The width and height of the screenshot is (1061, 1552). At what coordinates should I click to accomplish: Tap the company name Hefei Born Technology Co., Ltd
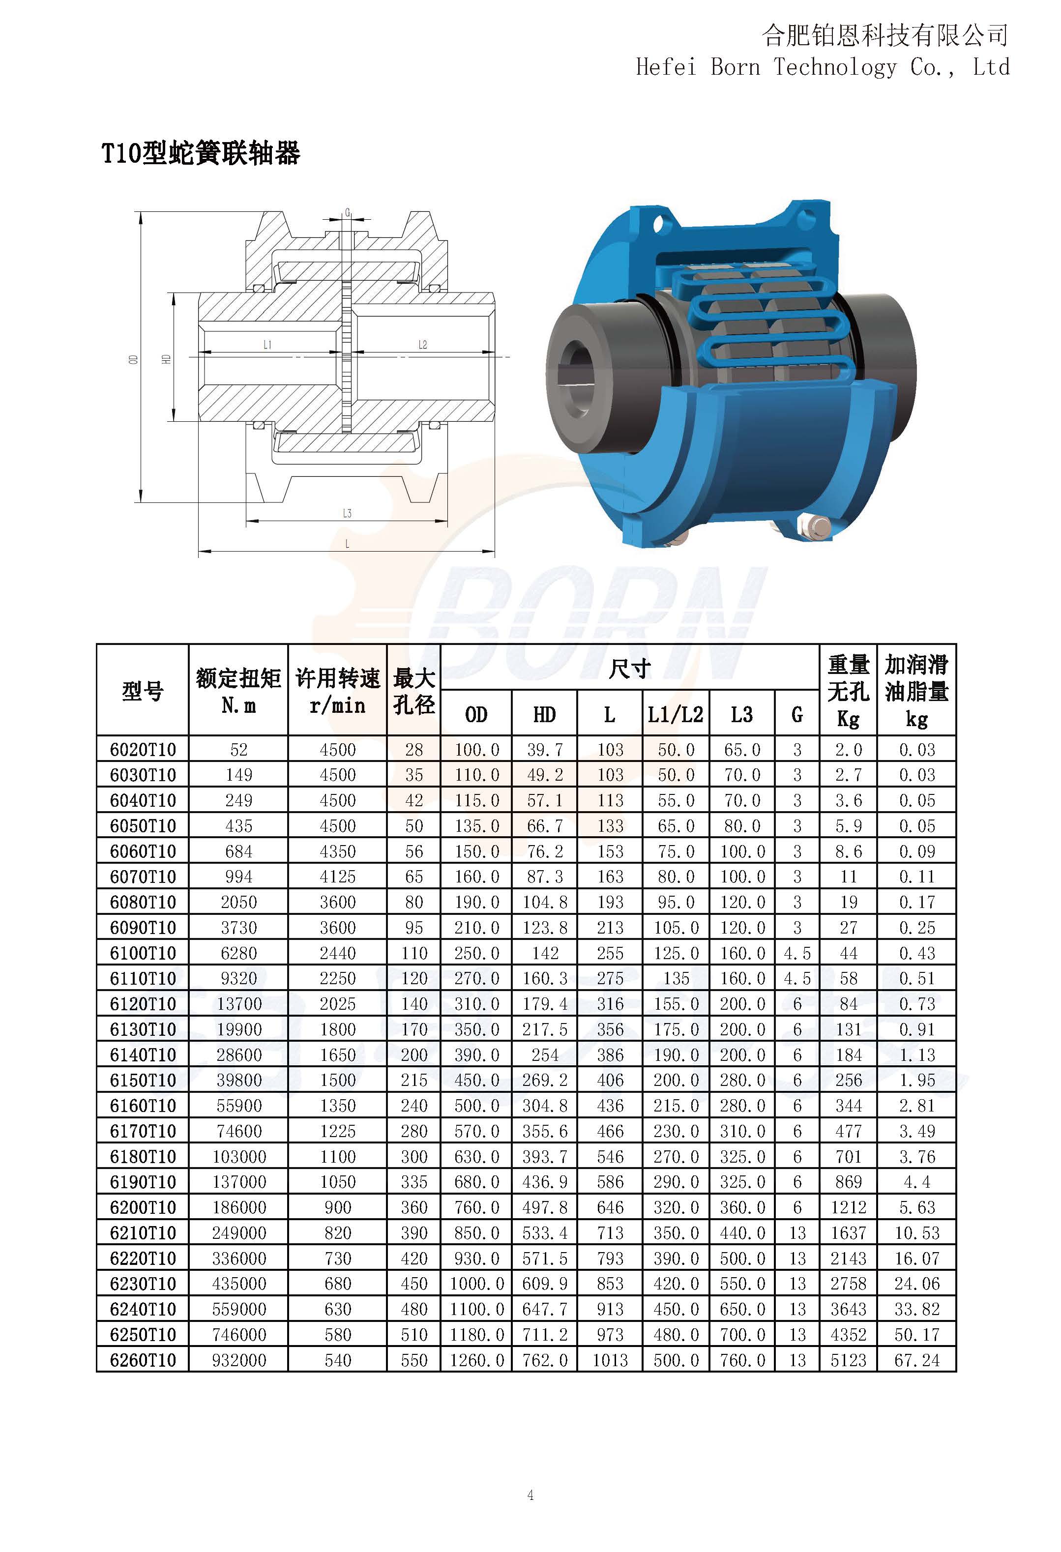tap(823, 67)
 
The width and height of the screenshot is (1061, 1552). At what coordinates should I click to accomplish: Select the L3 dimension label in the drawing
tap(347, 513)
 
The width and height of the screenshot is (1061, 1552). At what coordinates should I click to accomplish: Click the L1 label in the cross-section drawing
tap(267, 345)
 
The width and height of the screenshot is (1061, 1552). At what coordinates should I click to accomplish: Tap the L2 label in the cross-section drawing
tap(422, 345)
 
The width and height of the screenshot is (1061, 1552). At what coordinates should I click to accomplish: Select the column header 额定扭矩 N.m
tap(238, 691)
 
